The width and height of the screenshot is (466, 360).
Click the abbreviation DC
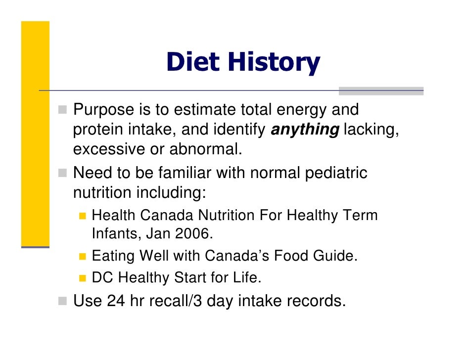[x=102, y=278]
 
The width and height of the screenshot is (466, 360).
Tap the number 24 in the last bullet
[x=116, y=301]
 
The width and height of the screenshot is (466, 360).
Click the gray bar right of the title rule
[x=381, y=91]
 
